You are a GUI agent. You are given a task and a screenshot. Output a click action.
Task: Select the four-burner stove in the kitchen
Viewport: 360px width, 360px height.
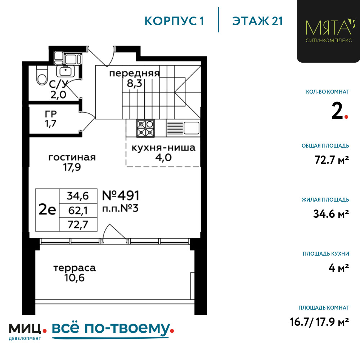pos(145,129)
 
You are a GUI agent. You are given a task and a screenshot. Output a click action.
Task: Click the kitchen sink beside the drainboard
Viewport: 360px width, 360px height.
pos(191,128)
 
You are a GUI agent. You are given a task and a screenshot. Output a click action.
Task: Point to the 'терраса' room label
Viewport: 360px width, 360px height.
pos(75,268)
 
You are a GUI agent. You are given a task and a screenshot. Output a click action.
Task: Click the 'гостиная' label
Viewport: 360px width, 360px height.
pos(72,158)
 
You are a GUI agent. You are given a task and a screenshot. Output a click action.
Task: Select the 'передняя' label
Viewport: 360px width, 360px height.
pos(134,73)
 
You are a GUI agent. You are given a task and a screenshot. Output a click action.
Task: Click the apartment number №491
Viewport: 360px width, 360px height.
pos(121,195)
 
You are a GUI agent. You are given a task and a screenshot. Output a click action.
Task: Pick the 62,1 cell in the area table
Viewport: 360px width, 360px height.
pos(78,211)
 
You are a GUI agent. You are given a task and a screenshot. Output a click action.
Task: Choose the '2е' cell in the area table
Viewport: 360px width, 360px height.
pos(47,210)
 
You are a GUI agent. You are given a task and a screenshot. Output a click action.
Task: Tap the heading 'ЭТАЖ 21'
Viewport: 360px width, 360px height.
pos(257,21)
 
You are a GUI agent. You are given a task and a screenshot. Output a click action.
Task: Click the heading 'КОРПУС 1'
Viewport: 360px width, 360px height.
pos(174,21)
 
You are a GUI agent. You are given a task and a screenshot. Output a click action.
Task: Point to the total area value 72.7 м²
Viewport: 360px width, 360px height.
pos(332,160)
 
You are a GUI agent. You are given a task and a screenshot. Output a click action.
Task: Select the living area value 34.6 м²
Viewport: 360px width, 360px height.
pos(331,214)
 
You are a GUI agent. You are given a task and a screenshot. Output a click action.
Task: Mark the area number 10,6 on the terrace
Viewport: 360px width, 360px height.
pos(75,278)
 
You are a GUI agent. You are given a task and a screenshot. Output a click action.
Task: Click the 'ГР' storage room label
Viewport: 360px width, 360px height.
pos(51,114)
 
